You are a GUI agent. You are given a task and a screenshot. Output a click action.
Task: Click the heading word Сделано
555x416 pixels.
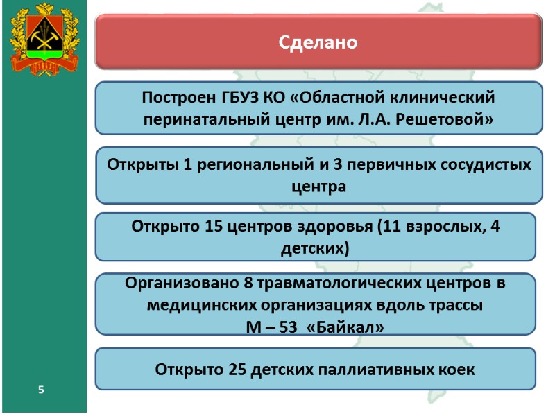coord(318,43)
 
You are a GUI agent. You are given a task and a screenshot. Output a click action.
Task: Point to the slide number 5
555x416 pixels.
coord(42,391)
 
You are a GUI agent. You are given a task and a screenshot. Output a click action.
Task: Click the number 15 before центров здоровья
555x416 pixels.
coord(214,226)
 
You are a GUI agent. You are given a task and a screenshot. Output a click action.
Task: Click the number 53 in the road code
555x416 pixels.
coord(285,325)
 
